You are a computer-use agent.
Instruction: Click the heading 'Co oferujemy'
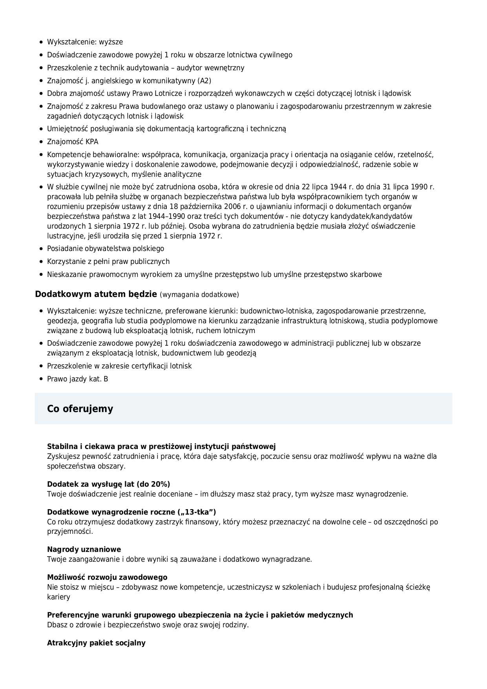click(x=80, y=409)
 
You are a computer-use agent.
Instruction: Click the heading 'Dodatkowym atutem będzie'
click(x=96, y=294)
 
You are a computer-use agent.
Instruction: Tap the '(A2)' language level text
click(x=204, y=81)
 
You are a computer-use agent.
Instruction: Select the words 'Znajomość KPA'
click(x=73, y=142)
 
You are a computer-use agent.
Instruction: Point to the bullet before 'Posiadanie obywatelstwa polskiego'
click(x=41, y=249)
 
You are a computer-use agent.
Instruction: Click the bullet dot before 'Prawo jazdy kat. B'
click(x=41, y=379)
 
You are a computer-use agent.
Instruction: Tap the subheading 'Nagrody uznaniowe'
click(x=84, y=549)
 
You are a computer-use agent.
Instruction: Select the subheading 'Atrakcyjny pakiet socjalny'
click(x=96, y=643)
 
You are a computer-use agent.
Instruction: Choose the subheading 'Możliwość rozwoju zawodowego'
click(x=107, y=577)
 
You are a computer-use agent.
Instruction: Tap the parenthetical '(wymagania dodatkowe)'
click(x=199, y=295)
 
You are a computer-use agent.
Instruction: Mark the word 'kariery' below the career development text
click(x=58, y=597)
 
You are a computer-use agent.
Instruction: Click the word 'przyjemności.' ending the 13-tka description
click(x=70, y=531)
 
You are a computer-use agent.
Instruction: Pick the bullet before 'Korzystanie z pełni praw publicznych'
click(x=41, y=262)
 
